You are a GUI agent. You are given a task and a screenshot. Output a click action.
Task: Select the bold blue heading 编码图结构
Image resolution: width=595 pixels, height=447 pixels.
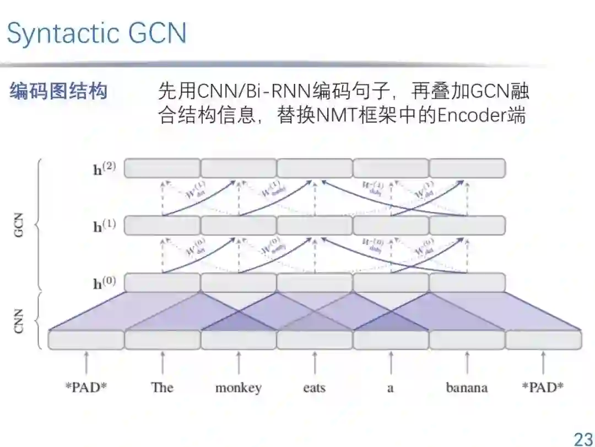pyautogui.click(x=58, y=91)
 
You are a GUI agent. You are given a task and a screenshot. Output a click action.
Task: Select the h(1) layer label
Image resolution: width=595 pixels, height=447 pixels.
pyautogui.click(x=104, y=225)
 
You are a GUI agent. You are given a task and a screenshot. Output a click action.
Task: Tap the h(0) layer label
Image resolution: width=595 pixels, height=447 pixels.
pyautogui.click(x=104, y=283)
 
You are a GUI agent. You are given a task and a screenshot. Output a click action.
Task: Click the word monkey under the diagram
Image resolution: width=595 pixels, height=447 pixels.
pyautogui.click(x=238, y=387)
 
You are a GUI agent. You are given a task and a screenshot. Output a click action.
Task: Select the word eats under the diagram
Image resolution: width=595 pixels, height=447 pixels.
pyautogui.click(x=314, y=387)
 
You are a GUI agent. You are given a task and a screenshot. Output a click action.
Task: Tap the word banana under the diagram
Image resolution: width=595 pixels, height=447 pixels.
pyautogui.click(x=467, y=387)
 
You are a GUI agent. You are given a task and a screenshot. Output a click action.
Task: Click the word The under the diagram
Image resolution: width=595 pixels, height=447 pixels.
pyautogui.click(x=162, y=387)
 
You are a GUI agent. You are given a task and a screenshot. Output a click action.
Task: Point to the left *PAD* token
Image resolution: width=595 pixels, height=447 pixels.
pyautogui.click(x=86, y=387)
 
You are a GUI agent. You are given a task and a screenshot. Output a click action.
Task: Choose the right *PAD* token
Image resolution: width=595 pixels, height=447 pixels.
pyautogui.click(x=543, y=387)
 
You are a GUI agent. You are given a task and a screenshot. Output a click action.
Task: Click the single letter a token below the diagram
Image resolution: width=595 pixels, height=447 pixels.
pyautogui.click(x=390, y=387)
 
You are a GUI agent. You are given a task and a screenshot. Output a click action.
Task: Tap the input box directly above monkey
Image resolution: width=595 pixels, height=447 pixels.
pyautogui.click(x=238, y=340)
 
